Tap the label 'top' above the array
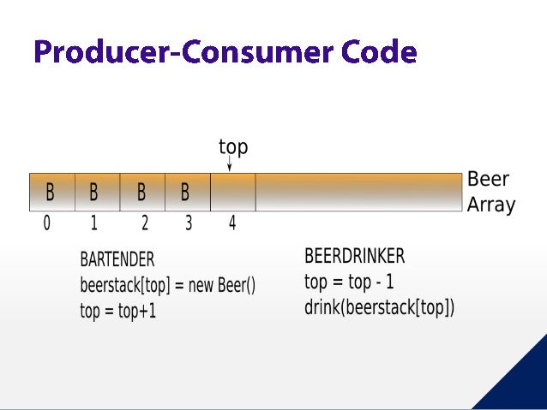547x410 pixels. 233,147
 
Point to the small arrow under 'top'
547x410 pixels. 230,165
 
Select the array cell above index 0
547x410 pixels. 52,193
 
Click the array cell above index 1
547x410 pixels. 97,193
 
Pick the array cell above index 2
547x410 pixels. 142,193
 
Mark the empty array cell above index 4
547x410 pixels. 232,193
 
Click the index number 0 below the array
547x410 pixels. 47,224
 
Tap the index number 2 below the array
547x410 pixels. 144,224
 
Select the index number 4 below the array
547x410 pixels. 231,224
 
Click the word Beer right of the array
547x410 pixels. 488,181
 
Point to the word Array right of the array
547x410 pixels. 491,205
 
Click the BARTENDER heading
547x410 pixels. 117,259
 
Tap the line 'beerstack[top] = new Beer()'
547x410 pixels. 168,285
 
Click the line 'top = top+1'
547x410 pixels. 118,311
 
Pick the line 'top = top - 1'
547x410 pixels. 349,282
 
